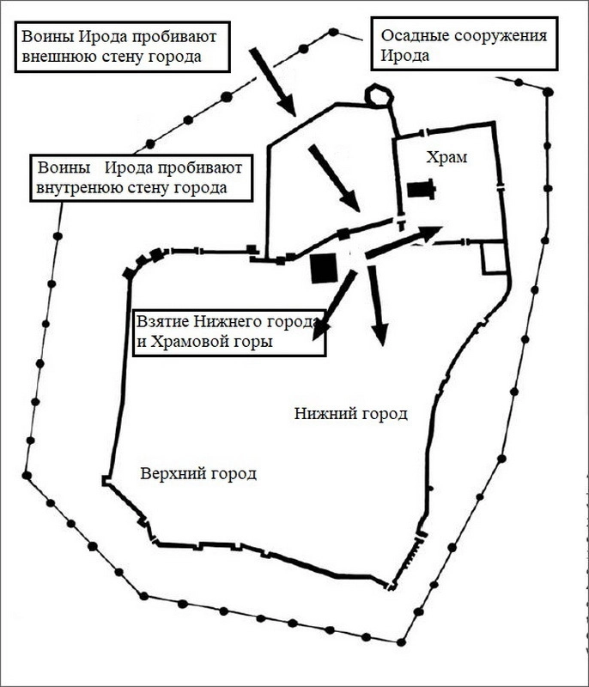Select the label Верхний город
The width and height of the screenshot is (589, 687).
pos(197,473)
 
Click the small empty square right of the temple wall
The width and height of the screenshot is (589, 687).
pos(495,257)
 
